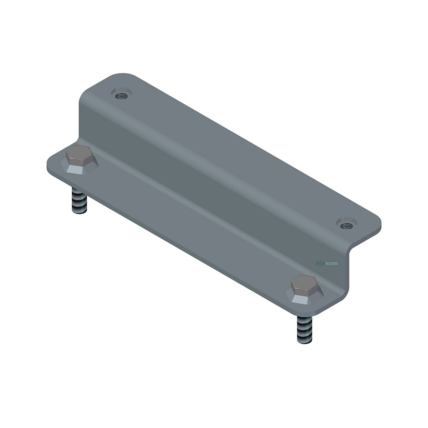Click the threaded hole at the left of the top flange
click(x=121, y=94)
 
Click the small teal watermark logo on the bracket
click(x=327, y=264)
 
